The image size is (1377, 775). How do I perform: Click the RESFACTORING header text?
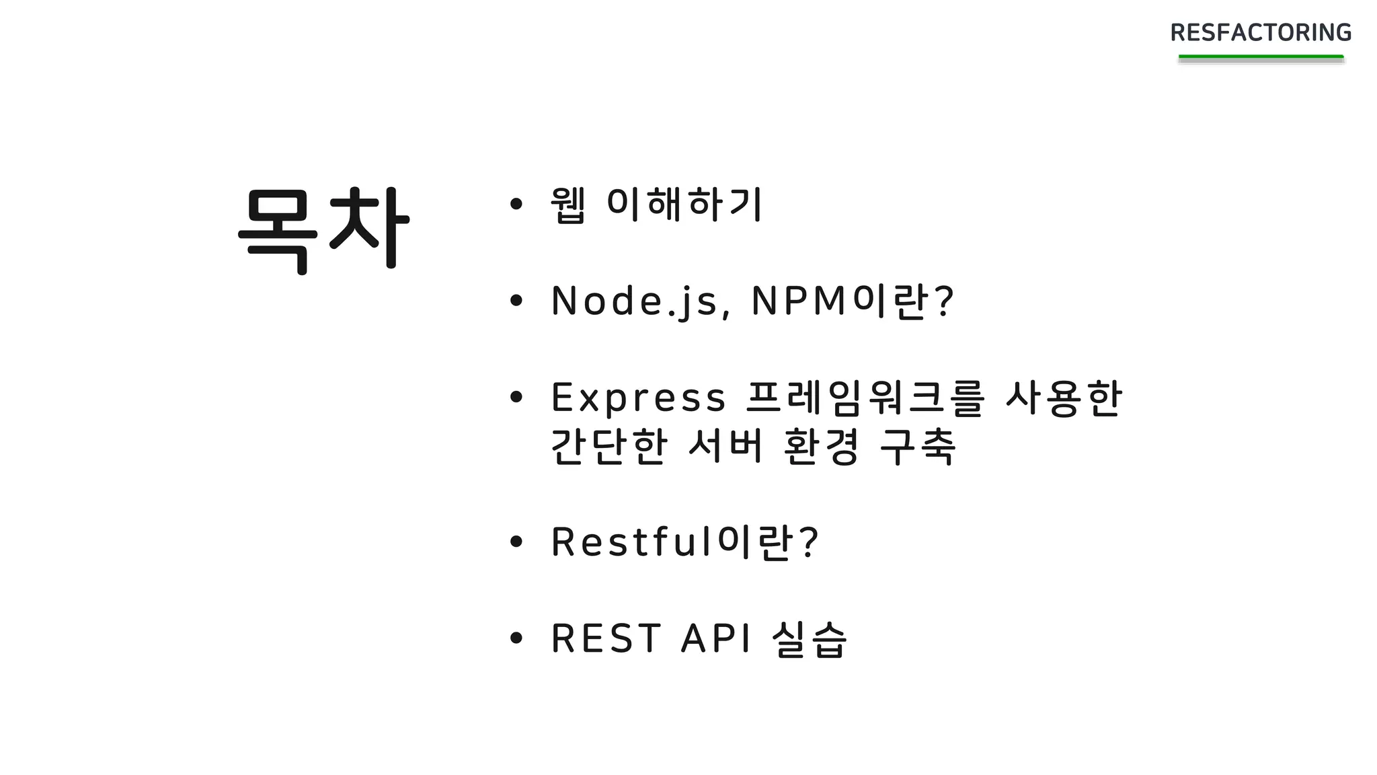pyautogui.click(x=1261, y=32)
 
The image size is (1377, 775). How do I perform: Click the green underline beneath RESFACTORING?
pyautogui.click(x=1261, y=58)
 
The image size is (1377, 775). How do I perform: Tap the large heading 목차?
pyautogui.click(x=323, y=229)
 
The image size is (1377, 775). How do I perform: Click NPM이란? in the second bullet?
pyautogui.click(x=852, y=301)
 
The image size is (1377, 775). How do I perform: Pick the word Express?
pyautogui.click(x=638, y=398)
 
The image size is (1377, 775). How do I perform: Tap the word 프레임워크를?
pyautogui.click(x=865, y=398)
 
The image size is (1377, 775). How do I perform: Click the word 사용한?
pyautogui.click(x=1064, y=398)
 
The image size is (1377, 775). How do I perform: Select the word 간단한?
pyautogui.click(x=608, y=446)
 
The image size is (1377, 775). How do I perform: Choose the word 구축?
pyautogui.click(x=918, y=446)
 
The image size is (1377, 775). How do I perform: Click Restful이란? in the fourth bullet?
pyautogui.click(x=684, y=542)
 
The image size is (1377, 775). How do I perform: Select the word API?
pyautogui.click(x=715, y=638)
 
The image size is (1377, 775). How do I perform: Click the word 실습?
pyautogui.click(x=810, y=638)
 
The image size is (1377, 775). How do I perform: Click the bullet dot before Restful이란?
pyautogui.click(x=516, y=542)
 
